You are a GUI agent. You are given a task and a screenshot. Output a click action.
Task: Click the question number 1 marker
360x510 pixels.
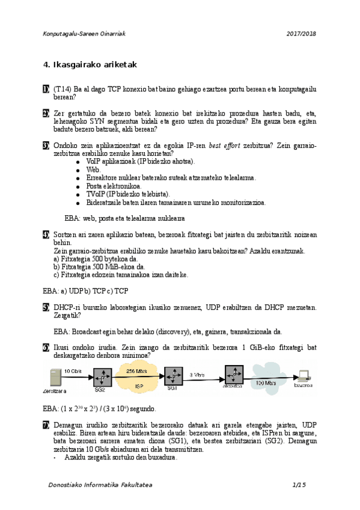tap(46, 90)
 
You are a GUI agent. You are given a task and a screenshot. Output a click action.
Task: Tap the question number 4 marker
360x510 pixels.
tap(46, 234)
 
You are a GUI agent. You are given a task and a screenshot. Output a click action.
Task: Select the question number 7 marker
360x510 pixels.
tap(46, 425)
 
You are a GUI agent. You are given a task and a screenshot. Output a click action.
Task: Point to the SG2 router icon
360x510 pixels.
tap(100, 378)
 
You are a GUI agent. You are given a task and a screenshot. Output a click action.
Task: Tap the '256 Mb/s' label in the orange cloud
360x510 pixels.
tap(138, 371)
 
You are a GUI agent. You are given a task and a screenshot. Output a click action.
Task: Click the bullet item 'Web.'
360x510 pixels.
tap(94, 170)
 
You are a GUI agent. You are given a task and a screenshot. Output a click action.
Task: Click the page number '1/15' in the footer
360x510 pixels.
tap(299, 485)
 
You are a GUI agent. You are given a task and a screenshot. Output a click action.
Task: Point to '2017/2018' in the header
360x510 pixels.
tap(301, 34)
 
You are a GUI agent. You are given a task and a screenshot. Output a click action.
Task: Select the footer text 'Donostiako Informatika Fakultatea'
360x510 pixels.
tap(100, 485)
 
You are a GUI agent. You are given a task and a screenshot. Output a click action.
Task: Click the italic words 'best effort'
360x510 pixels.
tap(225, 146)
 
